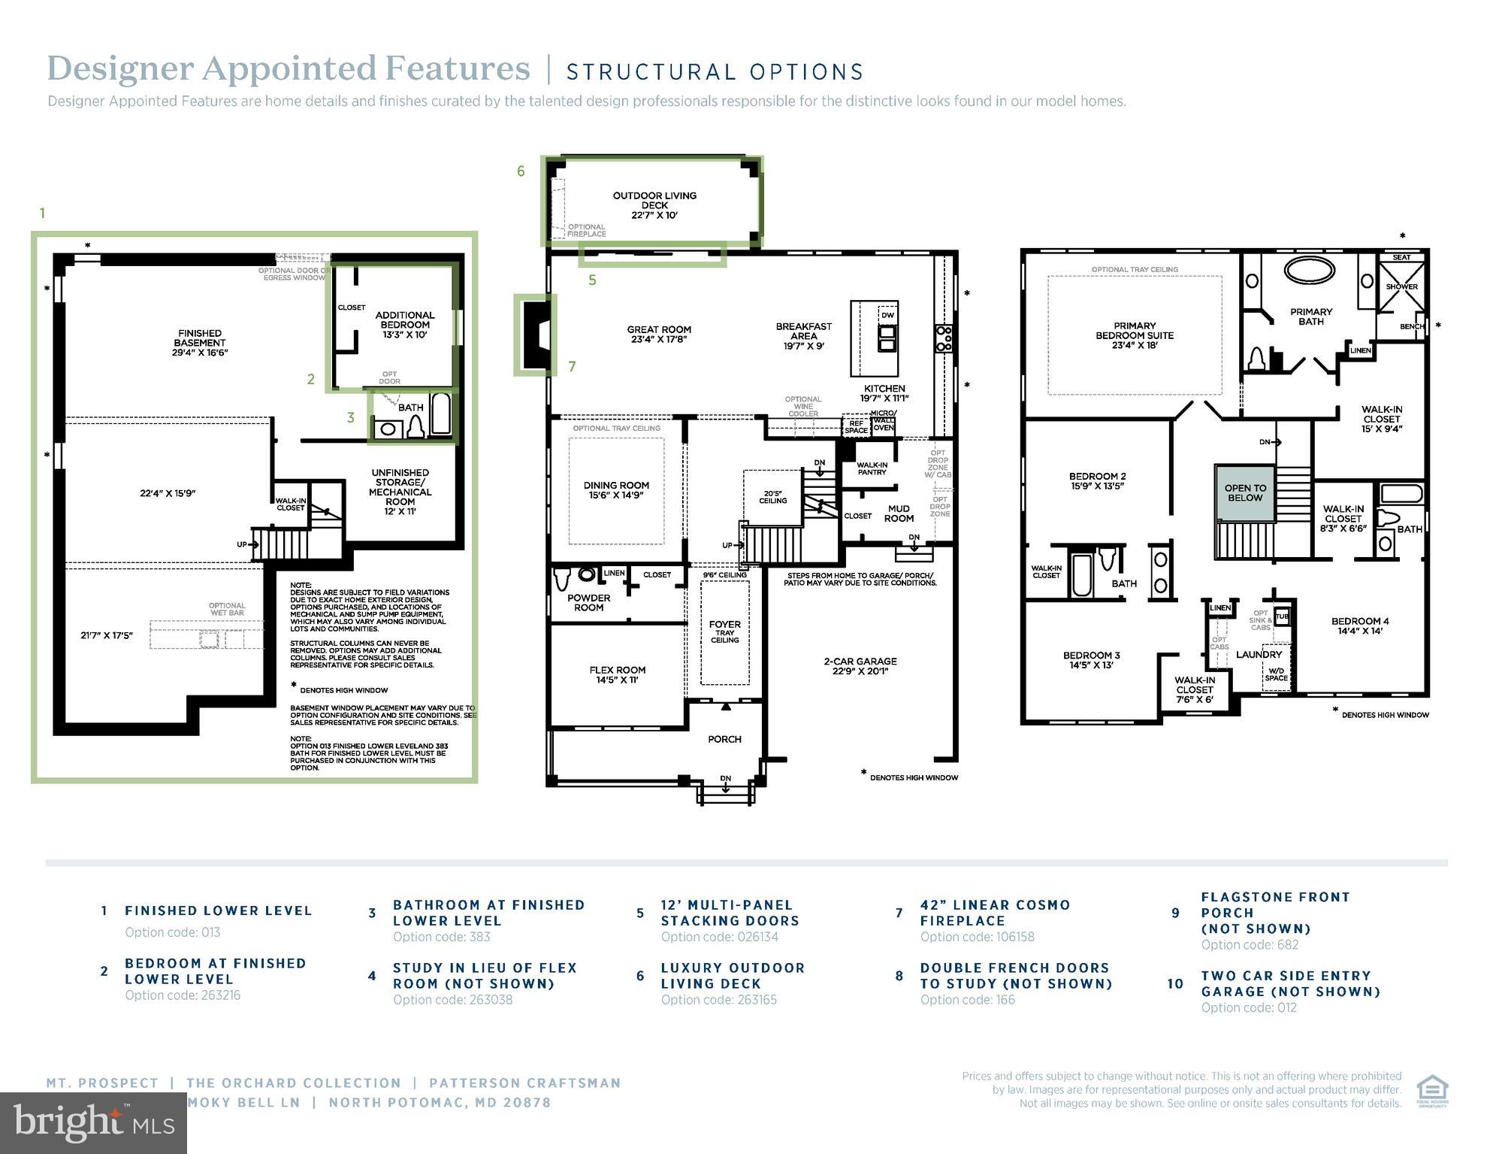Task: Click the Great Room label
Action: [658, 334]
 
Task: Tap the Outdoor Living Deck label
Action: [654, 204]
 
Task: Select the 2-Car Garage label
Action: [860, 666]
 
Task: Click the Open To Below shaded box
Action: [1245, 492]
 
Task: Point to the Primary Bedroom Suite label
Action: [1134, 335]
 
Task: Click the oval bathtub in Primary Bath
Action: [1310, 271]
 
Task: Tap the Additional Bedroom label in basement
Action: [404, 325]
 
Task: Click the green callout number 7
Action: [572, 366]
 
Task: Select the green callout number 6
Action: [521, 171]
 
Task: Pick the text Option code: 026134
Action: [719, 937]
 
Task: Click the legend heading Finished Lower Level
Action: [218, 910]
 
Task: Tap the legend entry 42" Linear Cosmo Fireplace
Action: [994, 913]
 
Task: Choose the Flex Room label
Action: [617, 674]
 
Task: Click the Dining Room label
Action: [616, 490]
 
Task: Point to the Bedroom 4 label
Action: [1359, 625]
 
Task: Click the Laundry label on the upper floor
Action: [1259, 655]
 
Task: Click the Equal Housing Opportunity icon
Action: [1432, 1091]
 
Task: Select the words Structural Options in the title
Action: [715, 72]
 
